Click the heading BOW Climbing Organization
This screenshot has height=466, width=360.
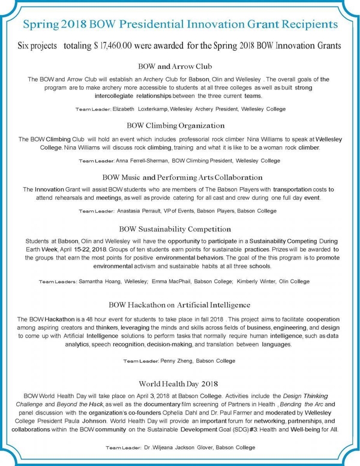tap(180, 125)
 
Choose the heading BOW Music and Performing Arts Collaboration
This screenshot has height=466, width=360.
tap(180, 177)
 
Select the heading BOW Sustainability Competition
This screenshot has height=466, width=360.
tap(180, 229)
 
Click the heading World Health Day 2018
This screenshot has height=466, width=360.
tap(180, 382)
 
